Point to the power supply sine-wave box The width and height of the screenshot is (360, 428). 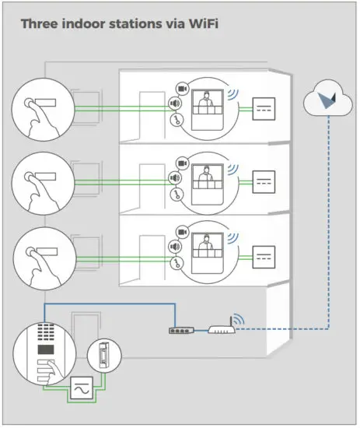coord(81,387)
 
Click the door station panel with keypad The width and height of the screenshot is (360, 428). coord(40,357)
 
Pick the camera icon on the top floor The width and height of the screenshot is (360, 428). coord(183,88)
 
